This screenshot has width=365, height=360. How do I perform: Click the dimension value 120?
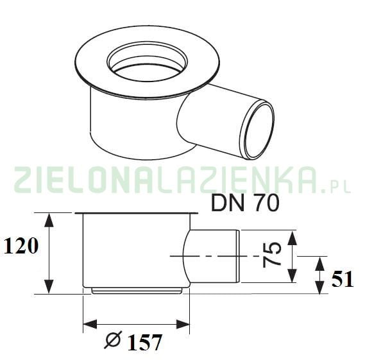coord(21,245)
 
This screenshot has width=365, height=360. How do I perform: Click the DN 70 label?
coord(245,204)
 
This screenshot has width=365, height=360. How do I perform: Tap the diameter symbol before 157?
coord(113,341)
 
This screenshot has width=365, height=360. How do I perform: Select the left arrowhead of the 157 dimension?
coord(89,325)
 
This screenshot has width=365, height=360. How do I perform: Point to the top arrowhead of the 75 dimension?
coord(293,236)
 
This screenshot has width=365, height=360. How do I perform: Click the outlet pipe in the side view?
coord(215,257)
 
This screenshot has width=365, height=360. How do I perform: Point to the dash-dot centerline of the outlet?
coord(212,256)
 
